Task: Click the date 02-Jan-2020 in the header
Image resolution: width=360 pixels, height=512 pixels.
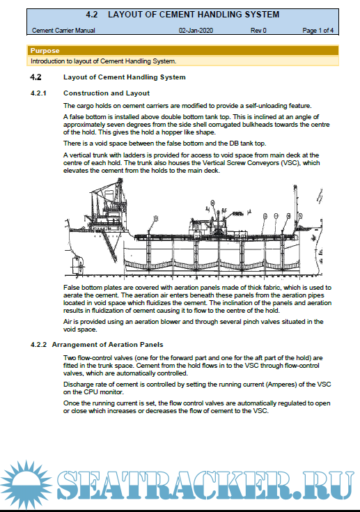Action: tap(196, 31)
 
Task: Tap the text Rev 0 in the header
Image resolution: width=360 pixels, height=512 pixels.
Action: tap(258, 31)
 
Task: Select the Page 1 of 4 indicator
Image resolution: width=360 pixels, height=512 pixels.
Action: tap(318, 31)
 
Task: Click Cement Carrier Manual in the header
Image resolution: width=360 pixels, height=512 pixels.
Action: tap(63, 31)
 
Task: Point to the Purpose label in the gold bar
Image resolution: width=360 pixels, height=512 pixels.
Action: tap(45, 51)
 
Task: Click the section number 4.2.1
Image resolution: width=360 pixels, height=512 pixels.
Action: tap(38, 93)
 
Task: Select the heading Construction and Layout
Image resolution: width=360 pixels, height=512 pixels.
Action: tap(107, 93)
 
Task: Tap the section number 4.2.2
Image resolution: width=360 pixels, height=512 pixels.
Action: tap(38, 345)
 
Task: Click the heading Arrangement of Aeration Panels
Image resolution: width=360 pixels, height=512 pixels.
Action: tap(107, 345)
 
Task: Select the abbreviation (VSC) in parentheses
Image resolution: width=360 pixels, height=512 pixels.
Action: tap(291, 162)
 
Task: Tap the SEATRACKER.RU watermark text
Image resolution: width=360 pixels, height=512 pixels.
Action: tap(205, 486)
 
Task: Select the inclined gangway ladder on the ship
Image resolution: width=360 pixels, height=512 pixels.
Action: tap(109, 247)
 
